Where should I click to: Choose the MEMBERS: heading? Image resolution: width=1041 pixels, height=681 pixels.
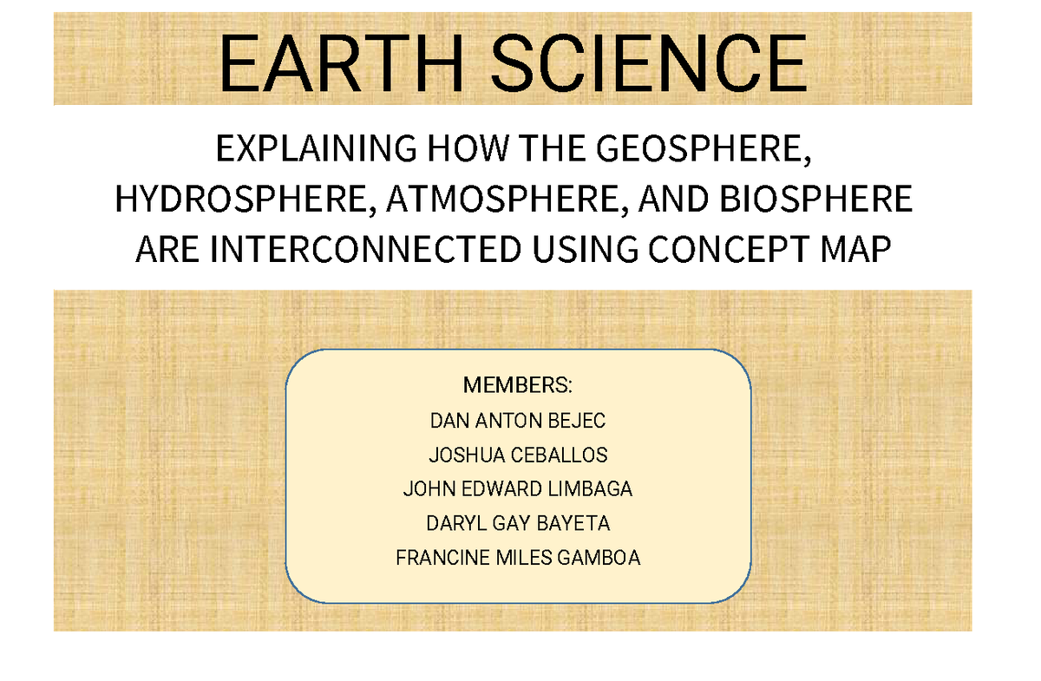pos(518,384)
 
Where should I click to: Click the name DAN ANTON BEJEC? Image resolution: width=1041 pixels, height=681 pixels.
pos(518,421)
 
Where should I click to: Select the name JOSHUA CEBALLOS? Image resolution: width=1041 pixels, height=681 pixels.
pos(518,455)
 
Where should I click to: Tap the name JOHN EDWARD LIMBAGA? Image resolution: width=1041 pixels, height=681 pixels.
pos(518,489)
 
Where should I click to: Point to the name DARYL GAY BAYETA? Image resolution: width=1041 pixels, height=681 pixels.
pos(518,524)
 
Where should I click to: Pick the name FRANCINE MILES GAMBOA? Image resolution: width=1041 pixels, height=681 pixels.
pos(518,558)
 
